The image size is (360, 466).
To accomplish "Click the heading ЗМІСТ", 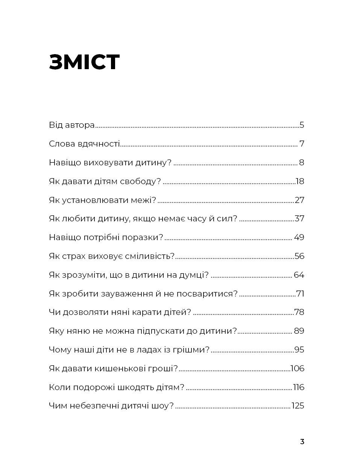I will [x=84, y=62].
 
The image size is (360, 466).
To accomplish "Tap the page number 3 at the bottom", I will [x=302, y=442].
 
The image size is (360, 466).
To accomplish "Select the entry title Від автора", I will [x=71, y=125].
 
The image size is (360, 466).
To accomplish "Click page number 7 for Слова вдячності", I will [x=302, y=144].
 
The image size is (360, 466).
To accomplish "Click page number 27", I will [x=299, y=200].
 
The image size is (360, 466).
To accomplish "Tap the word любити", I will [x=79, y=219].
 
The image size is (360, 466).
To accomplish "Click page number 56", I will [x=299, y=256].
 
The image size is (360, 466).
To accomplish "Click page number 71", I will [x=300, y=294].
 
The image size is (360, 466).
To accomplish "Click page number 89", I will [x=299, y=331].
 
